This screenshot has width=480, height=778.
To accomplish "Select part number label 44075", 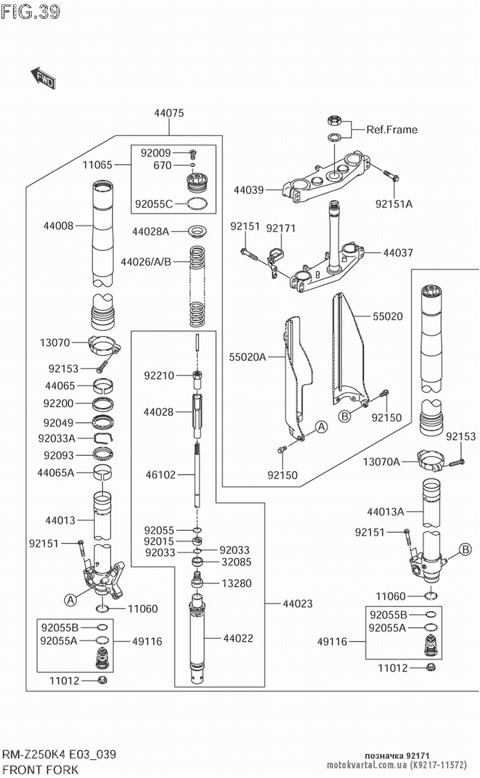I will tap(169, 113).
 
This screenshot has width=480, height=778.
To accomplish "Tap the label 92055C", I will tap(154, 204).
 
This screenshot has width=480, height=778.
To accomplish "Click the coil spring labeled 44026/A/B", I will tap(197, 286).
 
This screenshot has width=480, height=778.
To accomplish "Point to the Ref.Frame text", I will tap(392, 130).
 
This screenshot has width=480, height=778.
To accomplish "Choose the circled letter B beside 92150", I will tap(345, 416).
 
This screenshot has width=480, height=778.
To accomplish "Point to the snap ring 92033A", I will tap(104, 438).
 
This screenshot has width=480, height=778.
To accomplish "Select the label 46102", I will tap(161, 475).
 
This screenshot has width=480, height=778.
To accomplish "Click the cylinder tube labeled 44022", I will tap(197, 639).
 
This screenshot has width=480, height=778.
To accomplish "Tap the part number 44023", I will tap(298, 604).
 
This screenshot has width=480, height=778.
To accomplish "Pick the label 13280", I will tap(236, 583).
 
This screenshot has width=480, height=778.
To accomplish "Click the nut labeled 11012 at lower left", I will tap(102, 681).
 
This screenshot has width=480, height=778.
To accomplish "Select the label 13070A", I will tap(381, 462).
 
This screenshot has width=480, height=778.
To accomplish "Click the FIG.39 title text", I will tap(30, 12).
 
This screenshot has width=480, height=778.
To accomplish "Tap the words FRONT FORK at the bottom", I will tap(40, 770).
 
